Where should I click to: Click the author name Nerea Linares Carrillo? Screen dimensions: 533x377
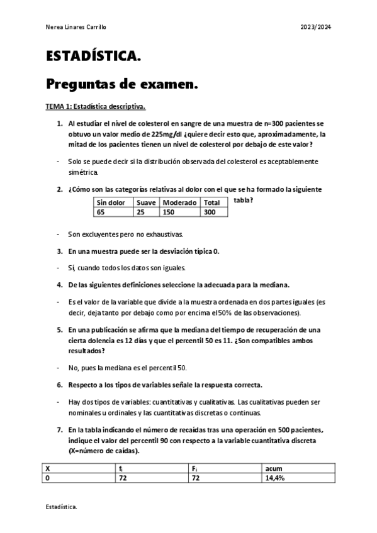point(76,28)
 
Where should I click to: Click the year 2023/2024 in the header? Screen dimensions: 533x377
point(316,28)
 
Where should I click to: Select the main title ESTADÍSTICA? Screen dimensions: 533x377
point(93,57)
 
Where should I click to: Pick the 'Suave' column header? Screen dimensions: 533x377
point(146,203)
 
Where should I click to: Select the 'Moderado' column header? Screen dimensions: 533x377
point(179,203)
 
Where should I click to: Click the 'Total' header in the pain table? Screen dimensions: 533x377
point(212,203)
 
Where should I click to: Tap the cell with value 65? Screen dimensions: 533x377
point(101,212)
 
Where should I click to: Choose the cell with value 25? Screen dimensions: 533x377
point(140,212)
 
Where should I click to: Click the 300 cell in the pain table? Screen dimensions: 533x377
point(210,212)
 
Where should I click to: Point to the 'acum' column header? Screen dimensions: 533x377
point(274,468)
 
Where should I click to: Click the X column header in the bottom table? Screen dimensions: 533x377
point(47,468)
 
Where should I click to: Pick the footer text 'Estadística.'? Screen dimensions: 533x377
point(61,506)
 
